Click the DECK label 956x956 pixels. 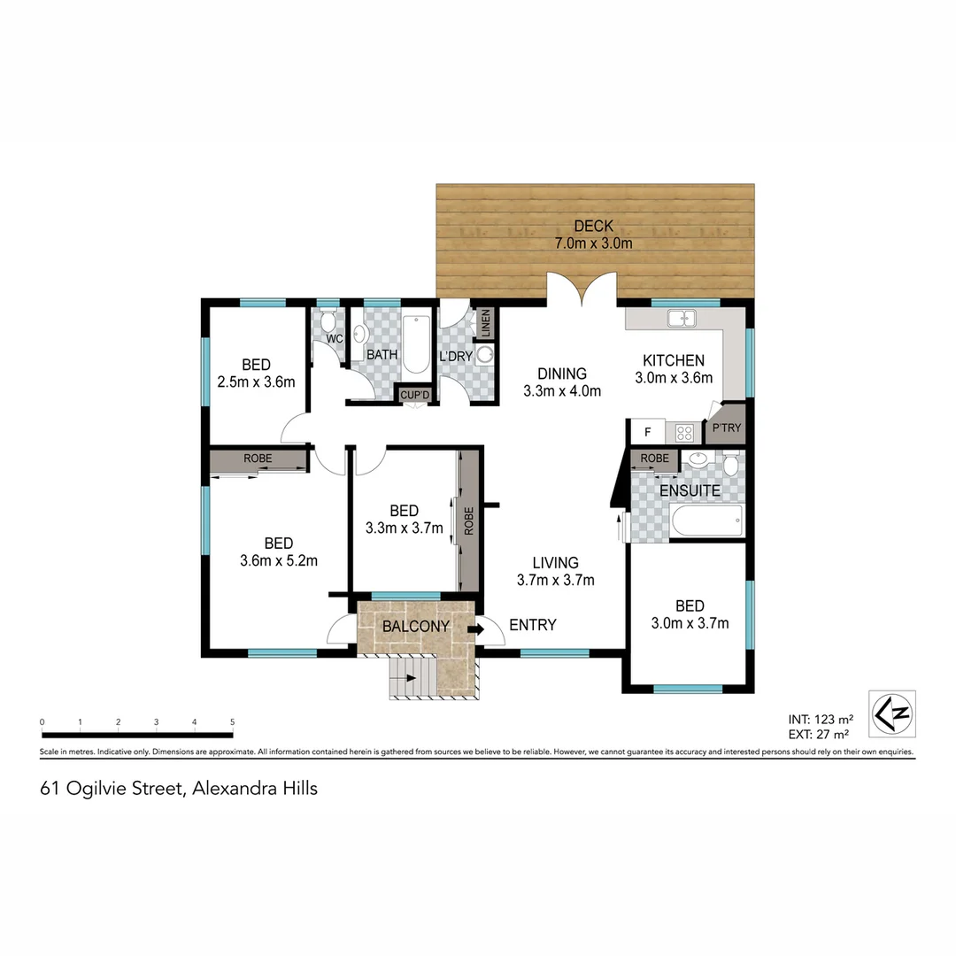coord(593,226)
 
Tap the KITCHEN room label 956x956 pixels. coord(673,360)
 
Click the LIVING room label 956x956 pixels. coord(555,562)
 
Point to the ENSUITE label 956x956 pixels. coord(690,490)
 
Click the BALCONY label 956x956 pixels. coord(415,627)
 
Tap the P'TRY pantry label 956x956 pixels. coord(727,428)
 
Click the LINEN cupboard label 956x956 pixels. coord(485,323)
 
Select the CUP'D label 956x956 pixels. coord(414,395)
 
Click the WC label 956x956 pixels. coord(334,339)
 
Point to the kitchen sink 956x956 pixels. coord(682,318)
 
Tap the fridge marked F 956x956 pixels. coord(648,433)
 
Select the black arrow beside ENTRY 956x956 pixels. coord(475,629)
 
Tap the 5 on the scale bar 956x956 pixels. coord(232,722)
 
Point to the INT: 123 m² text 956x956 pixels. coord(819,719)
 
